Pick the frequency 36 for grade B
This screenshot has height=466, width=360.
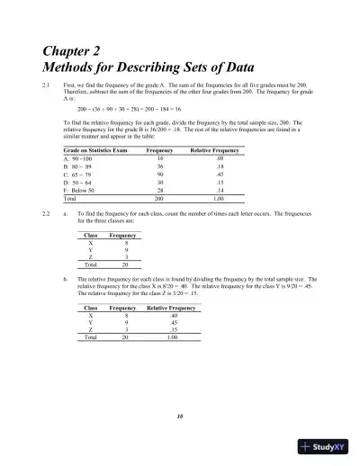(161, 166)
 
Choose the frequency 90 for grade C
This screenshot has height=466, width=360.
(161, 174)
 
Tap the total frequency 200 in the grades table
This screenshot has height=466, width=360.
(160, 197)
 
